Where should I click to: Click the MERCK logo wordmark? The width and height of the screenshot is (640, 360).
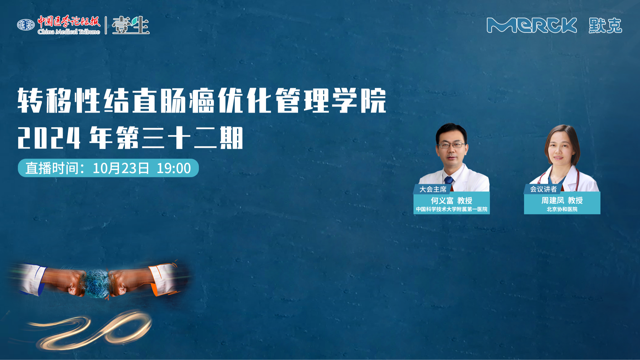[x=532, y=25]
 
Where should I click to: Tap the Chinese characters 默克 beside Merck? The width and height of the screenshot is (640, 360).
[x=605, y=26]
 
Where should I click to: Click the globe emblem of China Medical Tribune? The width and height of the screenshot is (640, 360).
[x=26, y=25]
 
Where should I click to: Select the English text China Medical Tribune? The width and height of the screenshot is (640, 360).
[x=69, y=32]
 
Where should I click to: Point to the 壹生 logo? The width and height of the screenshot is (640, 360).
[x=131, y=25]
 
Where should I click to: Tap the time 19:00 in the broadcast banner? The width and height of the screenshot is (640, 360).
[x=174, y=168]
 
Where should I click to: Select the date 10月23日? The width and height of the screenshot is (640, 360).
[x=121, y=168]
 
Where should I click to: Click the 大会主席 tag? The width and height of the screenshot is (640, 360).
[x=433, y=189]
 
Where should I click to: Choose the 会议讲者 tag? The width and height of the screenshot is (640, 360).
[x=543, y=189]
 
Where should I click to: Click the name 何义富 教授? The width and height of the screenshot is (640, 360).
[x=451, y=201]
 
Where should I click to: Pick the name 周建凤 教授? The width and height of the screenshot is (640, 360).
[x=562, y=200]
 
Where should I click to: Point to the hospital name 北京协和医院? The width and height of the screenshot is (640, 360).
[x=562, y=209]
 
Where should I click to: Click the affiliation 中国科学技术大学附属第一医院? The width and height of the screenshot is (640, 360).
[x=452, y=209]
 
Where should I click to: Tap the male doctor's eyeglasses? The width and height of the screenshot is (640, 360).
[x=451, y=145]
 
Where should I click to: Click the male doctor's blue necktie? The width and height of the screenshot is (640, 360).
[x=449, y=180]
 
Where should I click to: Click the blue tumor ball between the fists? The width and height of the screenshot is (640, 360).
[x=97, y=283]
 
